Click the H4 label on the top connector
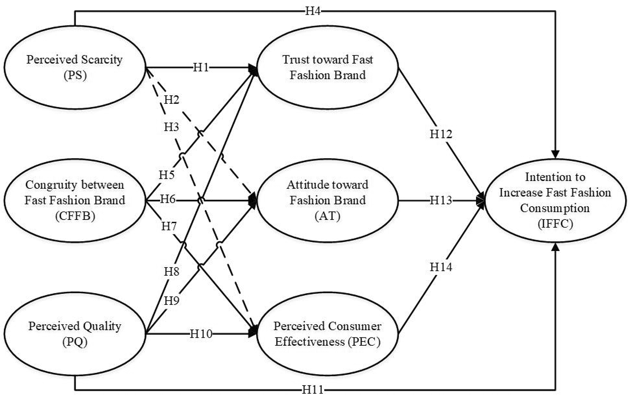[x=313, y=11]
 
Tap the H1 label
[x=201, y=67]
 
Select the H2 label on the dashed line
[x=171, y=100]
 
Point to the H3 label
[x=171, y=127]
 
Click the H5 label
[x=166, y=175]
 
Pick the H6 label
[x=168, y=199]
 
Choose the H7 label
[x=169, y=226]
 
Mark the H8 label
[x=171, y=271]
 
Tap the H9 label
[x=171, y=301]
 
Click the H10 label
[x=201, y=334]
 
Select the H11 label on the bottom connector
[x=313, y=389]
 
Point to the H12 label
[x=441, y=134]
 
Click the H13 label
[x=441, y=200]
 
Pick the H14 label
[x=441, y=267]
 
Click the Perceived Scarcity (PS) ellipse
[x=75, y=67]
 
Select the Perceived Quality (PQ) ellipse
[x=75, y=334]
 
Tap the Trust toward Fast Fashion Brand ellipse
[x=327, y=67]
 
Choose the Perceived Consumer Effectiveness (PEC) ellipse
[x=327, y=334]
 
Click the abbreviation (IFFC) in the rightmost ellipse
[x=555, y=224]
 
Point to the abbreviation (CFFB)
[x=75, y=216]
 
